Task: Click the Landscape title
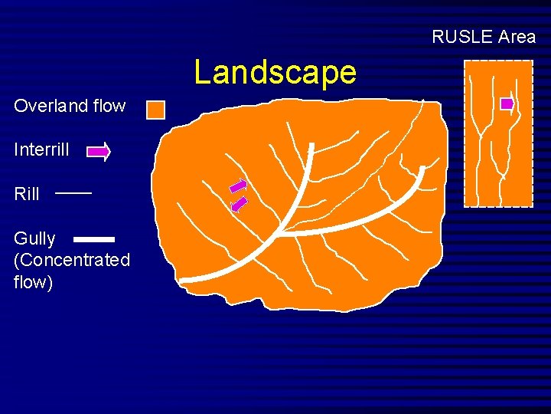pos(275,72)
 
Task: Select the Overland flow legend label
pos(70,106)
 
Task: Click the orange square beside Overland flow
pos(155,110)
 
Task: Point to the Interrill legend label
pos(41,149)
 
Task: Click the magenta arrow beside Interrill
pos(99,153)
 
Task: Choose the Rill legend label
pos(27,194)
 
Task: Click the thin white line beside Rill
pos(73,193)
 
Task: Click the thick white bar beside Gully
pos(94,239)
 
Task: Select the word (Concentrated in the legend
pos(72,260)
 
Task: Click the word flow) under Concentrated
pos(33,282)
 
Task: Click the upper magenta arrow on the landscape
pos(239,186)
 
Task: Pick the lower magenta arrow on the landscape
pos(240,203)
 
